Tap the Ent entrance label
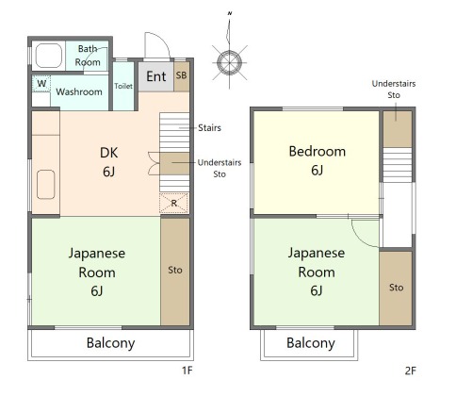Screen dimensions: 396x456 click(155, 76)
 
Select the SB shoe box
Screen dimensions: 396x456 click(181, 75)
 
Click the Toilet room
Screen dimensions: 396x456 click(123, 85)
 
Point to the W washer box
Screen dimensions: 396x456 click(41, 84)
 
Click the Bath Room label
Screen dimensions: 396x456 click(89, 55)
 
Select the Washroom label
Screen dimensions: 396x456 click(78, 92)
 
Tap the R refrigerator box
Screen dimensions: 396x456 click(174, 202)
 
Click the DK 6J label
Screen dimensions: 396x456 click(108, 161)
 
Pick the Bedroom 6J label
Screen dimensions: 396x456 click(317, 160)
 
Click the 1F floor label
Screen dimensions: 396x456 click(187, 371)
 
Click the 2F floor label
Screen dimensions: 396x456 click(410, 371)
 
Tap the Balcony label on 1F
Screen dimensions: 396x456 click(110, 343)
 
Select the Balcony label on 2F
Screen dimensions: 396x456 click(310, 343)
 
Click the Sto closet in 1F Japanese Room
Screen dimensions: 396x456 click(175, 271)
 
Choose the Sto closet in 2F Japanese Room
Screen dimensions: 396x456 click(396, 288)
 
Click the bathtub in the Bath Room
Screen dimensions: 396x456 click(48, 57)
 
